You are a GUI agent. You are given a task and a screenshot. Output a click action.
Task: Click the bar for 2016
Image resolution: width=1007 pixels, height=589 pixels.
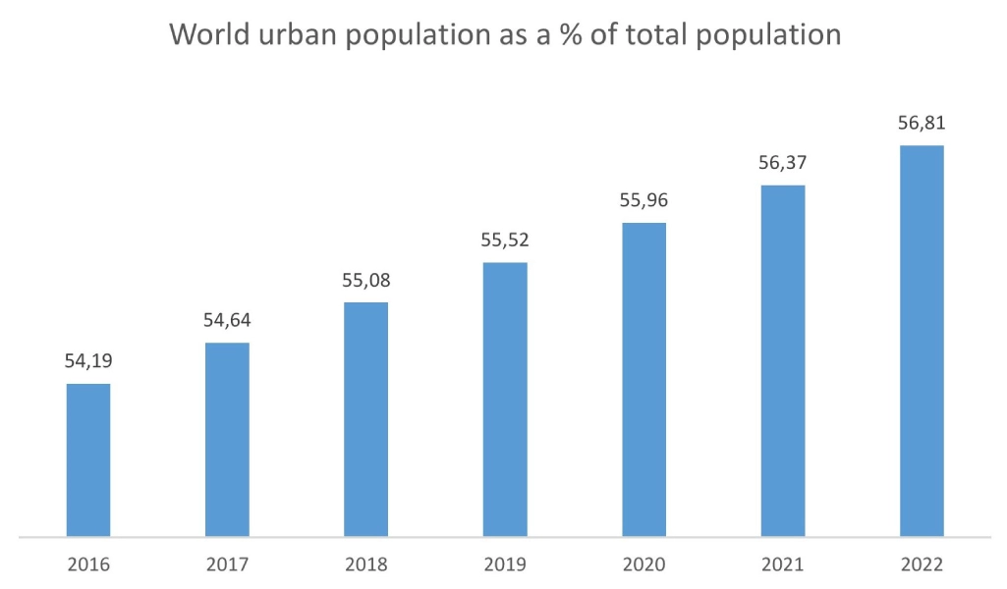pyautogui.click(x=88, y=460)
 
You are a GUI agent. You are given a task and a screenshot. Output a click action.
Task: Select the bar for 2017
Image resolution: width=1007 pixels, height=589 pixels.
pyautogui.click(x=227, y=440)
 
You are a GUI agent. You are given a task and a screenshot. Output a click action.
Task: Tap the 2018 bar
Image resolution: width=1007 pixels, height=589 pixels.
pyautogui.click(x=365, y=419)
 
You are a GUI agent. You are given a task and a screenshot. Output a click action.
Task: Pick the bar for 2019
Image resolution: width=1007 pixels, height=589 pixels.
pyautogui.click(x=505, y=400)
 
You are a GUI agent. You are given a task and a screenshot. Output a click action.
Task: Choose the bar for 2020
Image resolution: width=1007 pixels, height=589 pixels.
pyautogui.click(x=643, y=380)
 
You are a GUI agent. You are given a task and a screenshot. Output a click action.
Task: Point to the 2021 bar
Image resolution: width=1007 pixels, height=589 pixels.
pyautogui.click(x=783, y=361)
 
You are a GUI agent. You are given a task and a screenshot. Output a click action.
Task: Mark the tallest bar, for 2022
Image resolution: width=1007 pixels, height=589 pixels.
pyautogui.click(x=922, y=342)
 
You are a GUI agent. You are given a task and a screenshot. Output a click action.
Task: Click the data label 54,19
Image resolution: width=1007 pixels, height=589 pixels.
pyautogui.click(x=88, y=361)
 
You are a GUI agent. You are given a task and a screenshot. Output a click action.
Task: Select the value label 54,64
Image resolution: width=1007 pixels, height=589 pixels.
pyautogui.click(x=227, y=320)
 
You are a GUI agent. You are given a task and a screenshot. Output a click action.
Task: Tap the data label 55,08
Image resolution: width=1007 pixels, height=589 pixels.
pyautogui.click(x=365, y=281)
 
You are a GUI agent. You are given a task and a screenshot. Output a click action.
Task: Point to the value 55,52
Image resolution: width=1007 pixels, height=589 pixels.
pyautogui.click(x=505, y=241)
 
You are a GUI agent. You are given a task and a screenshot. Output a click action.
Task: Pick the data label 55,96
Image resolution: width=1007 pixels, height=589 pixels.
pyautogui.click(x=643, y=201)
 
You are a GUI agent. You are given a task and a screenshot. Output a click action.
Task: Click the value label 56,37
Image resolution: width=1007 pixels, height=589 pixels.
pyautogui.click(x=783, y=163)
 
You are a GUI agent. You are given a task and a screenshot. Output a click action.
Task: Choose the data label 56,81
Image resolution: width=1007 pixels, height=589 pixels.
pyautogui.click(x=922, y=124)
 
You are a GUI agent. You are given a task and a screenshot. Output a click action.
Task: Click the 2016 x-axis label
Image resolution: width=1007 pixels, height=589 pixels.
pyautogui.click(x=88, y=564)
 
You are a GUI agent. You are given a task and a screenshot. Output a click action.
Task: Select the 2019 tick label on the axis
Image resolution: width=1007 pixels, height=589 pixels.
pyautogui.click(x=505, y=564)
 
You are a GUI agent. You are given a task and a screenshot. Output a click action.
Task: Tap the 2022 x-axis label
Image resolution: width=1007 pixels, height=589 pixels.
pyautogui.click(x=922, y=564)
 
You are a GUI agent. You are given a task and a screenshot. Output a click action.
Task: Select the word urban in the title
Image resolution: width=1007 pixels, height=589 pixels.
pyautogui.click(x=291, y=33)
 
